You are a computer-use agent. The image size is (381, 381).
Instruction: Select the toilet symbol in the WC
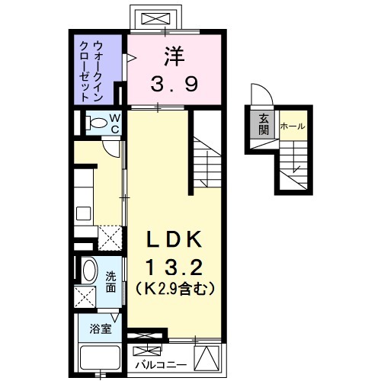[x=97, y=123]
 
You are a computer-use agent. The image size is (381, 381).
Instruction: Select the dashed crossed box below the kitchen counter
[x=110, y=238]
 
